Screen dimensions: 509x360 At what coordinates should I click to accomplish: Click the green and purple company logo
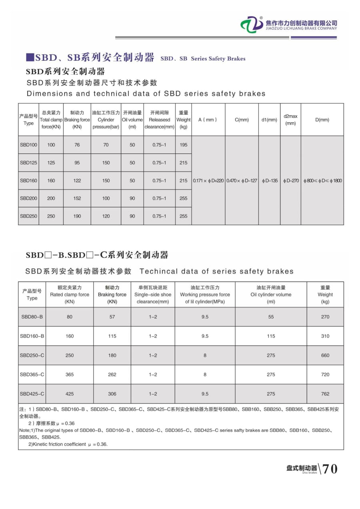pos(252,25)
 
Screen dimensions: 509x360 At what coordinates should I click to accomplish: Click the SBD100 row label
pos(28,145)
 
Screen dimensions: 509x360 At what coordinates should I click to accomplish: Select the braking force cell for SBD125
pos(77,163)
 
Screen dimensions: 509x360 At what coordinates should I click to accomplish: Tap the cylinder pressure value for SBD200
pos(106,198)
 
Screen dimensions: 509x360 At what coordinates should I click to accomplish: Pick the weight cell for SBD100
pos(183,145)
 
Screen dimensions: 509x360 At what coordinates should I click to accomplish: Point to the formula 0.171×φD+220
pos(208,181)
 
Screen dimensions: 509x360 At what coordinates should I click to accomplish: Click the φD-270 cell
pos(291,181)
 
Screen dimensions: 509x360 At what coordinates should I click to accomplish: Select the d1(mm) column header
pos(269,120)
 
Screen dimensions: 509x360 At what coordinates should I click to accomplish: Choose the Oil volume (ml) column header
pos(132,120)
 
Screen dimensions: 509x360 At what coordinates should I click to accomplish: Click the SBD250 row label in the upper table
pos(28,216)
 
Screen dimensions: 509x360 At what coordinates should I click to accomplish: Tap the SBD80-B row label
pos(32,317)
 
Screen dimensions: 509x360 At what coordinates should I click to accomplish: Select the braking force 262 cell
pos(112,375)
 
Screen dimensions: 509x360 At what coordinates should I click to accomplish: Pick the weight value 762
pos(325,394)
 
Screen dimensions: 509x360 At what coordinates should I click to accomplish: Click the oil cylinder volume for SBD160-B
pos(271,336)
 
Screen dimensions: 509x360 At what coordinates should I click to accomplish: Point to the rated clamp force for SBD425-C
pos(70,394)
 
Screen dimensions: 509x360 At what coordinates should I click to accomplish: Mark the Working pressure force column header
pos(205,295)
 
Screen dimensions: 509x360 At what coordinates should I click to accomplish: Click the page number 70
pos(330,469)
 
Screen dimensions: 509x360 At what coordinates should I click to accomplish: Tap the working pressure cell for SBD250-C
pos(205,355)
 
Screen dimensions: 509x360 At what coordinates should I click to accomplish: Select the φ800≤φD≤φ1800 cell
pos(322,181)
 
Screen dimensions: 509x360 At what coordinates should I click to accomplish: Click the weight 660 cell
pos(325,355)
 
